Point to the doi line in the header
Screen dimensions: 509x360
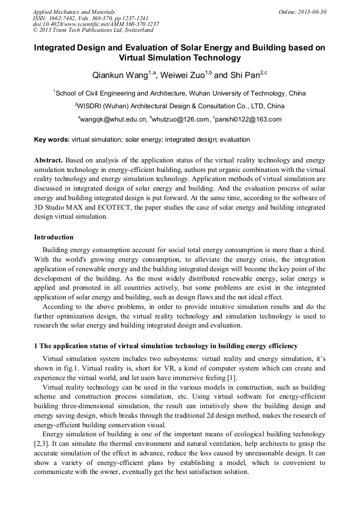96,24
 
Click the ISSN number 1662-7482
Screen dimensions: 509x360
62,18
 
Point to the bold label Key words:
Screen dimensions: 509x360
52,140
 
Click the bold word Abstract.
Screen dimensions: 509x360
48,160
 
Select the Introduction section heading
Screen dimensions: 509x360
54,237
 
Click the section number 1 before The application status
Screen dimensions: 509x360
36,346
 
